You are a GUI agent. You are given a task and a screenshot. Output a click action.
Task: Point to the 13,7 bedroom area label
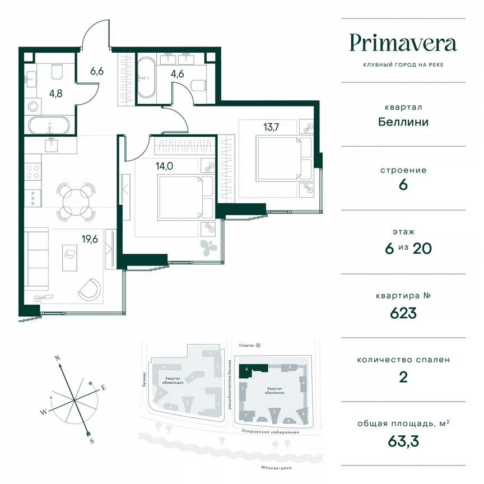point(272,125)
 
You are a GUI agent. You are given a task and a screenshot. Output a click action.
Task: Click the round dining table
point(75,198)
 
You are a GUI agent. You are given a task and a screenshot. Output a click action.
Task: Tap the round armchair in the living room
point(90,288)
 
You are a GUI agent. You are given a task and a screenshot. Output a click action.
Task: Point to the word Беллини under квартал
point(403,122)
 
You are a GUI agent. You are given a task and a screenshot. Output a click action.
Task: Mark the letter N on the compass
point(57,357)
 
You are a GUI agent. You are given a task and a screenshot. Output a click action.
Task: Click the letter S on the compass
point(91,440)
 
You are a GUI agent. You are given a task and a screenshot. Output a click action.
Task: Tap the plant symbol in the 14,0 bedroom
point(208,247)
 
